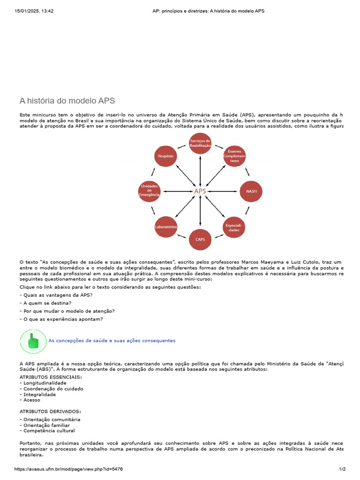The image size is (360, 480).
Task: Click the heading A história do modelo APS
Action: pos(67,101)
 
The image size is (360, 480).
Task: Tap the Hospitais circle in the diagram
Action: pos(166,155)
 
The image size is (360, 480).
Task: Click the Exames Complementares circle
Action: pos(234,156)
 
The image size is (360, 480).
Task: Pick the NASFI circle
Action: pos(251,191)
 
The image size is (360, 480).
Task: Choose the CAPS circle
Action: pos(200,240)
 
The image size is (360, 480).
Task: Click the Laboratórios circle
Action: pos(166,227)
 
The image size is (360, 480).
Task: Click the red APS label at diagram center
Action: pos(200,191)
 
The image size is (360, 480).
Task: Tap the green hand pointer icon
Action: pos(33,341)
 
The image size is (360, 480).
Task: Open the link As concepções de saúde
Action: pos(112,341)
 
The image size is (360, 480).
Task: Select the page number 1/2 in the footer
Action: pos(342,469)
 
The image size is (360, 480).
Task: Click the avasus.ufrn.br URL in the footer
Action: pos(69,469)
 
